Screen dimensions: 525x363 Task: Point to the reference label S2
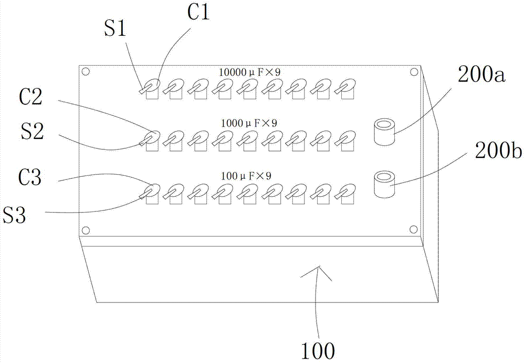point(31,133)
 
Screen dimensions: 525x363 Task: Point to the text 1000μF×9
point(249,123)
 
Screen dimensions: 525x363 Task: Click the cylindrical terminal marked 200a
point(384,132)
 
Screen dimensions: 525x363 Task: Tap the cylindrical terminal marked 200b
point(384,184)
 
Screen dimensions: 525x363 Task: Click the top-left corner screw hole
point(87,72)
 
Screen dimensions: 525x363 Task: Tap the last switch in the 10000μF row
point(344,88)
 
